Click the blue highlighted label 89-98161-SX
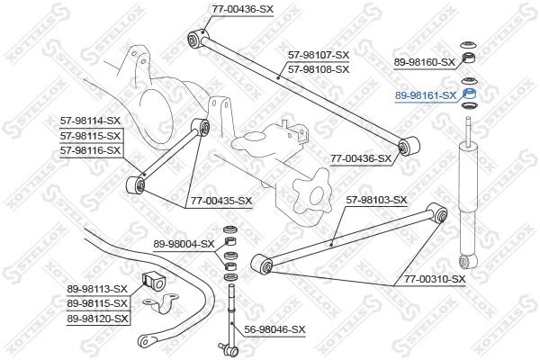427,94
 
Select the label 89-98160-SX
426,63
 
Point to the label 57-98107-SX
319,55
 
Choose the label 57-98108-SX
319,68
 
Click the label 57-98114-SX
90,121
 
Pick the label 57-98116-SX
90,149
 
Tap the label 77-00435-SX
221,201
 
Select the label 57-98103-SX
377,200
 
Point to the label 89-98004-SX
184,244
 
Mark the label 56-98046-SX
275,329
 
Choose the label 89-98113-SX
98,290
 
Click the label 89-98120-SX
98,319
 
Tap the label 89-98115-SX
98,304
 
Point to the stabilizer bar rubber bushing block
152,280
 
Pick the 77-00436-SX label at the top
243,8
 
